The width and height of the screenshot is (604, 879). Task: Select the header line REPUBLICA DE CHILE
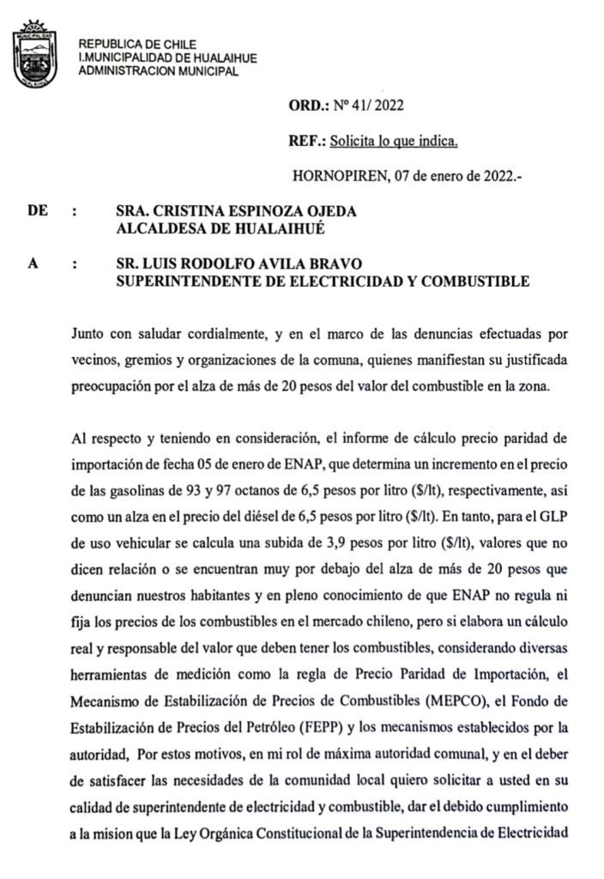[137, 44]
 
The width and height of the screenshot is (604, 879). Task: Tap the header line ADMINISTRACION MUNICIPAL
[158, 70]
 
